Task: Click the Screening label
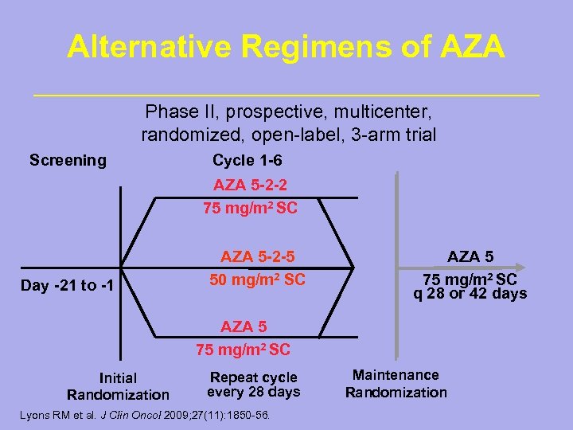pos(68,160)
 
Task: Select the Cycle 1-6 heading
pos(247,160)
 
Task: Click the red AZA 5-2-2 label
pos(251,186)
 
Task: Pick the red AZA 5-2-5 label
pos(257,256)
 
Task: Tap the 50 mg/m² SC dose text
pos(257,280)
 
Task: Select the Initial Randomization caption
pos(118,386)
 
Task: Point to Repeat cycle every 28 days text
pos(253,384)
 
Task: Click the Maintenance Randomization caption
pos(396,383)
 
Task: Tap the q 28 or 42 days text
pos(470,293)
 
